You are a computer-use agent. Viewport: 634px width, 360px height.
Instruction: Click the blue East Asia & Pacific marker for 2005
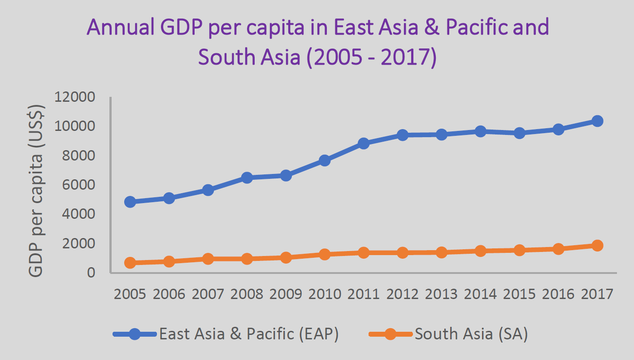point(130,202)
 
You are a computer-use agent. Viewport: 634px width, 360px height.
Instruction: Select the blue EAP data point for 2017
point(597,121)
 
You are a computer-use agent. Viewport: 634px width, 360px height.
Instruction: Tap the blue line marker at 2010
point(325,160)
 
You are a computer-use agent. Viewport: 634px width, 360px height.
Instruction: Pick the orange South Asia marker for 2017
point(597,245)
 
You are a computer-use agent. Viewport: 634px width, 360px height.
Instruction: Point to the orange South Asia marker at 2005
point(130,263)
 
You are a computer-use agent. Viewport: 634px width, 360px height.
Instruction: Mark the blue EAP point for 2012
point(402,135)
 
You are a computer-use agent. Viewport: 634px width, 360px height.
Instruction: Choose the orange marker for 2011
point(364,253)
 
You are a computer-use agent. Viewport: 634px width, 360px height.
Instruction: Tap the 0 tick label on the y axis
point(91,273)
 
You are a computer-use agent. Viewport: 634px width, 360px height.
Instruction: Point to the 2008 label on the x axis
point(247,294)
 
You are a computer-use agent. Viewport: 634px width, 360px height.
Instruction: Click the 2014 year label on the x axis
point(480,294)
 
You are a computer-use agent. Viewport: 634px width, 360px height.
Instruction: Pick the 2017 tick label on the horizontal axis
point(597,294)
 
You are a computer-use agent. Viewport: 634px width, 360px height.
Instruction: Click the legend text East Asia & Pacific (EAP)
point(249,334)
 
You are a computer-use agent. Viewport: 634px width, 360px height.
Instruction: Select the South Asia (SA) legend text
point(471,334)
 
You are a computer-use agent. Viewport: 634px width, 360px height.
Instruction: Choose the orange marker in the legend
point(391,334)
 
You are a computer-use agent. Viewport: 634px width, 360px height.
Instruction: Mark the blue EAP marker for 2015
point(519,133)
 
